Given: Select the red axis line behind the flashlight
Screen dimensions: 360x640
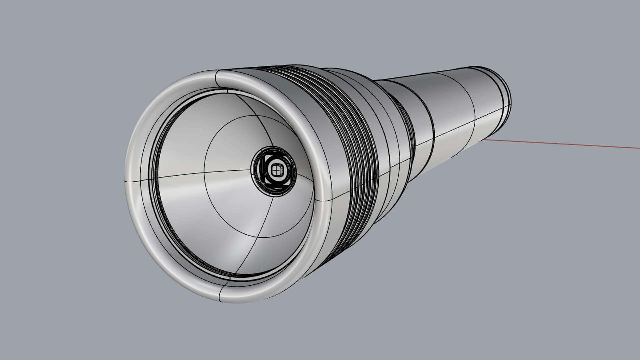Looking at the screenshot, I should [x=567, y=144].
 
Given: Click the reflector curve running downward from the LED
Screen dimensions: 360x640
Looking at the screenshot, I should [x=257, y=233].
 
